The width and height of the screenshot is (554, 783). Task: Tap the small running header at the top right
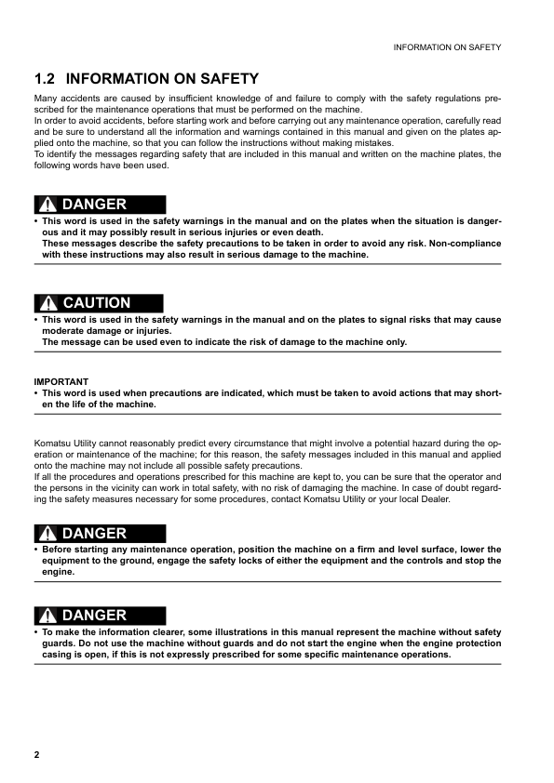pos(448,46)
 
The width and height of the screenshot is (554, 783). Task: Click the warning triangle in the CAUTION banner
pos(48,303)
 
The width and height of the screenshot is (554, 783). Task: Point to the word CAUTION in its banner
pos(97,303)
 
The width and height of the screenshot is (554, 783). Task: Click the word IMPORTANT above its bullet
pos(61,381)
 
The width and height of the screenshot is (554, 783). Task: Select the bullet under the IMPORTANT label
pos(35,393)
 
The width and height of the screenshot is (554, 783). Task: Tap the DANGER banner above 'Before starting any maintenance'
pos(100,534)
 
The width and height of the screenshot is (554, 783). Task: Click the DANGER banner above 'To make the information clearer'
pos(100,616)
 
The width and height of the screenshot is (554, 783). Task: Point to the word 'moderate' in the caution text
pos(66,331)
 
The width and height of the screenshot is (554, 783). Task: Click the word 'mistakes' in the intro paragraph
pos(373,143)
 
